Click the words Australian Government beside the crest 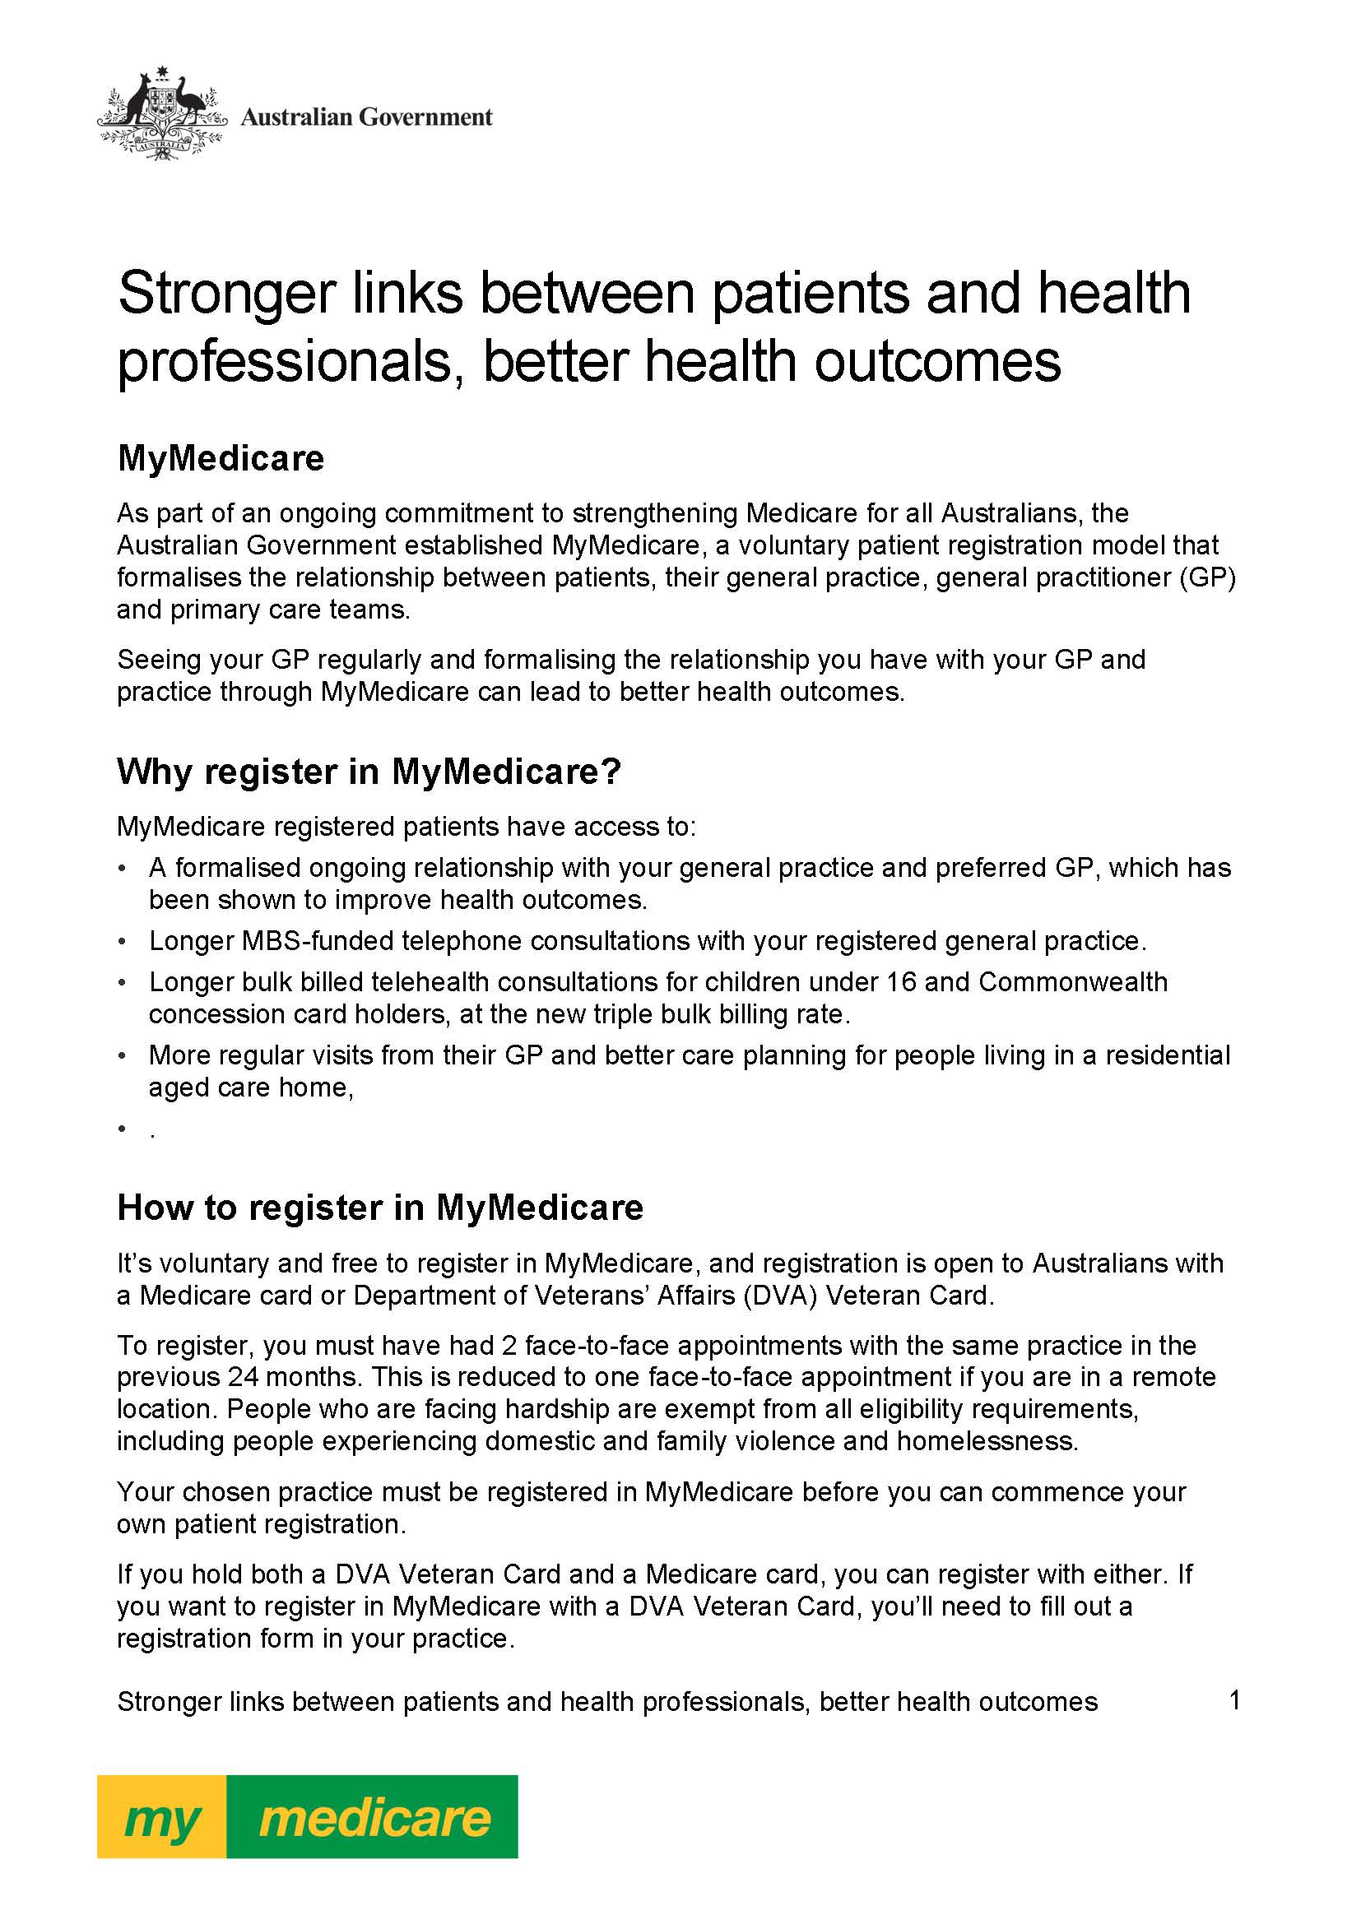pos(366,117)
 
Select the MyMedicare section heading pos(221,458)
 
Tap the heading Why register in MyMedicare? pos(369,771)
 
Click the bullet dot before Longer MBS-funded pos(123,942)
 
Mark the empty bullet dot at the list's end pos(123,1130)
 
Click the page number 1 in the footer pos(1233,1700)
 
